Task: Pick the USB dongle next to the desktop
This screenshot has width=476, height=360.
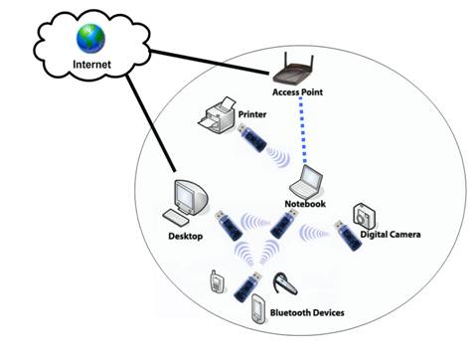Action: [228, 228]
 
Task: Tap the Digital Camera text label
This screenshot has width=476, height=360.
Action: [391, 235]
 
